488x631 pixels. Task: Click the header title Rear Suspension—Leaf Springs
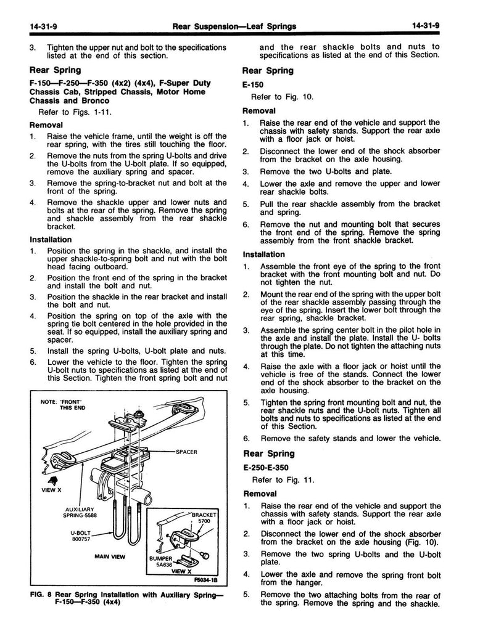tap(235, 25)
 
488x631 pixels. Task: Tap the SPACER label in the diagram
tap(186, 452)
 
